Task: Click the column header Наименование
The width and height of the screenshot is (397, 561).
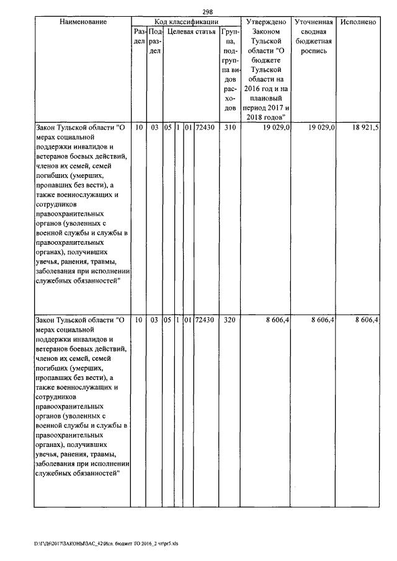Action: pyautogui.click(x=83, y=22)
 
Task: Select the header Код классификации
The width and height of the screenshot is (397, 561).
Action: pyautogui.click(x=184, y=22)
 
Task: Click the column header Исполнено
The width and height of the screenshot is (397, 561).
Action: pyautogui.click(x=359, y=22)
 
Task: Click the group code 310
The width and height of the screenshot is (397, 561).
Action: pyautogui.click(x=230, y=127)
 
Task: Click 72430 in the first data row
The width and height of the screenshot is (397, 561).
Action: pyautogui.click(x=205, y=127)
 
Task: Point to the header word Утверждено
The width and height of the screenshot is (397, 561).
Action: pyautogui.click(x=265, y=22)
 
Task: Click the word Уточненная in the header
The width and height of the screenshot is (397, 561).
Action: pyautogui.click(x=314, y=22)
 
